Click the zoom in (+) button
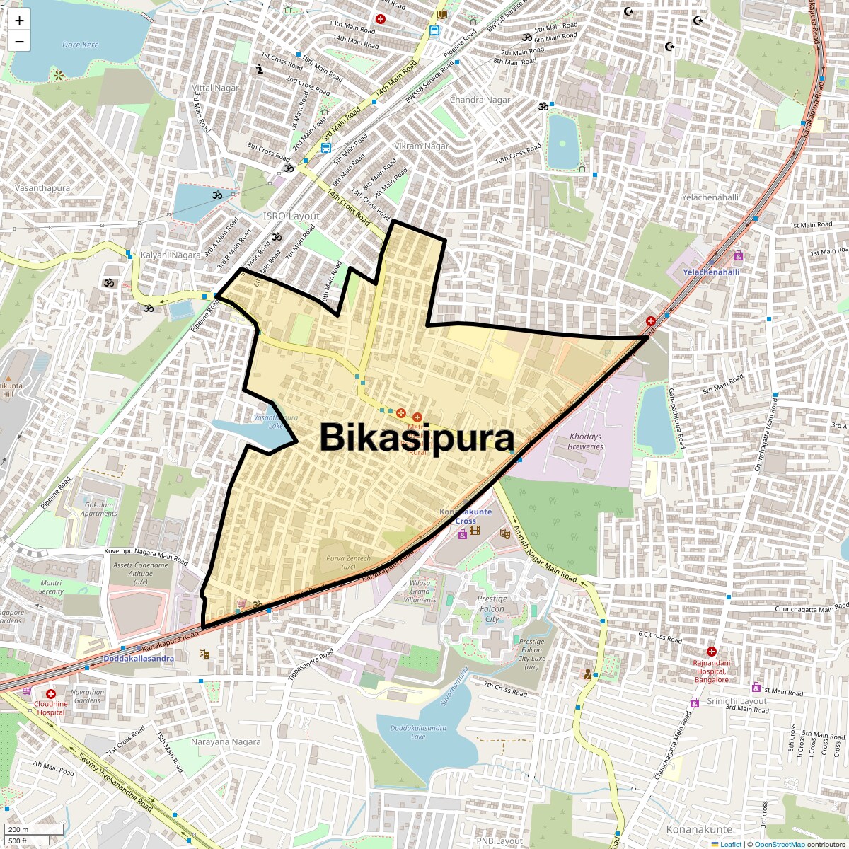pos(19,21)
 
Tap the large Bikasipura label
pos(417,437)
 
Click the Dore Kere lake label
pos(81,45)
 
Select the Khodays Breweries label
pos(585,441)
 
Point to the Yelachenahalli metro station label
pos(710,272)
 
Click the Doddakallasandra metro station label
pos(139,658)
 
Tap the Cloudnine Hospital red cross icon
pos(51,694)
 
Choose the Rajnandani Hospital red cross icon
pos(712,651)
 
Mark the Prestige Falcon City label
pos(492,608)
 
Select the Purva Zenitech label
pos(348,562)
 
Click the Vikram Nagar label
pos(422,146)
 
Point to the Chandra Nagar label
pos(480,100)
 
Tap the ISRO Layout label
pos(291,216)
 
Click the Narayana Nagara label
pos(226,742)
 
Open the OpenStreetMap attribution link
pos(779,844)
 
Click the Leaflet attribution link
pos(731,844)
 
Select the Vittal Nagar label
pos(216,88)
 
